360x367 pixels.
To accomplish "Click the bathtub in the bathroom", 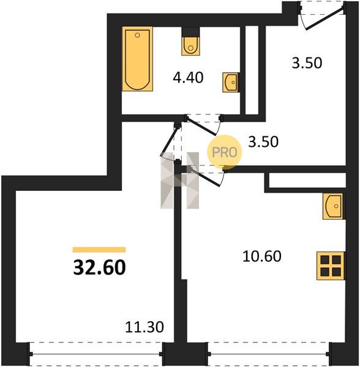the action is pyautogui.click(x=138, y=59).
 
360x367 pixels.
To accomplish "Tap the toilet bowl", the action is pyautogui.click(x=190, y=46).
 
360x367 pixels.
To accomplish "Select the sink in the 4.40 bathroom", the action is pyautogui.click(x=230, y=82).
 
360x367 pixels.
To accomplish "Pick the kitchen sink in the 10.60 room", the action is pyautogui.click(x=332, y=206).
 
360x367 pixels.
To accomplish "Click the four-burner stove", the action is pyautogui.click(x=331, y=265).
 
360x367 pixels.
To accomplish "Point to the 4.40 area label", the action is pyautogui.click(x=188, y=78).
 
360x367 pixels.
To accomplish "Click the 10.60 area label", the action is pyautogui.click(x=262, y=256).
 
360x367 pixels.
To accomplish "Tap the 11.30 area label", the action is pyautogui.click(x=144, y=327).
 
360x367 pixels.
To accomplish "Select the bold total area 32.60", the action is pyautogui.click(x=100, y=267).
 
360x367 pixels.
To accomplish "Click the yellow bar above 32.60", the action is pyautogui.click(x=99, y=250).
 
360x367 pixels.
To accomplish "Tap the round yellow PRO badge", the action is pyautogui.click(x=224, y=152).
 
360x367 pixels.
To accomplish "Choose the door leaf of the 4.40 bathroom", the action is pyautogui.click(x=202, y=127).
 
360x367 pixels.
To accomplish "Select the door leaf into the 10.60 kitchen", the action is pyautogui.click(x=206, y=177).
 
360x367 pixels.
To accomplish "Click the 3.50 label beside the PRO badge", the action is pyautogui.click(x=263, y=142).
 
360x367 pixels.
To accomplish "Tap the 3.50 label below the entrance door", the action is pyautogui.click(x=307, y=63).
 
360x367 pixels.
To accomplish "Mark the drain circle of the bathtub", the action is pyautogui.click(x=138, y=35).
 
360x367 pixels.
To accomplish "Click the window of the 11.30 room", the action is pyautogui.click(x=96, y=354).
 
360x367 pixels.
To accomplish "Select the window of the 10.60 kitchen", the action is pyautogui.click(x=269, y=354).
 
